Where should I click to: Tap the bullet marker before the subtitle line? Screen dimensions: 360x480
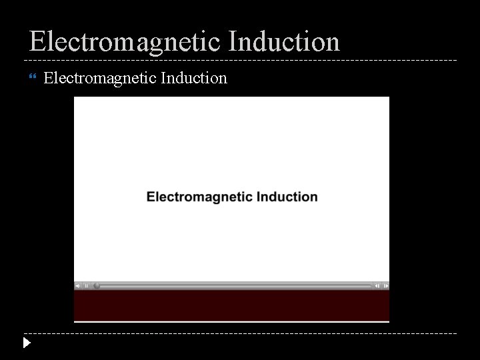click(33, 79)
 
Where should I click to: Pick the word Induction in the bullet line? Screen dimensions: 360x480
click(194, 78)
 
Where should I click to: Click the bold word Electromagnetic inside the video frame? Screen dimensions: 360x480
click(199, 197)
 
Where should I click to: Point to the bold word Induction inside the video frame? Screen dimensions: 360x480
click(287, 197)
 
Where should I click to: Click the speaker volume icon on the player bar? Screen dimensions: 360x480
click(79, 286)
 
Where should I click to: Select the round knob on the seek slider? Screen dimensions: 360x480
click(96, 286)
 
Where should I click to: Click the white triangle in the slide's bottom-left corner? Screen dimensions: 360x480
click(26, 344)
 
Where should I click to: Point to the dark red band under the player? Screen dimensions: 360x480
click(231, 305)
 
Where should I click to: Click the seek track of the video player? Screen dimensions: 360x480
click(233, 286)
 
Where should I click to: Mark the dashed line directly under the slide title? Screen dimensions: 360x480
click(240, 61)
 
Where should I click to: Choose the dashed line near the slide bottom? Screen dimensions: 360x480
click(240, 333)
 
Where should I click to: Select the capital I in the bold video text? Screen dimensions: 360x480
click(258, 197)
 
